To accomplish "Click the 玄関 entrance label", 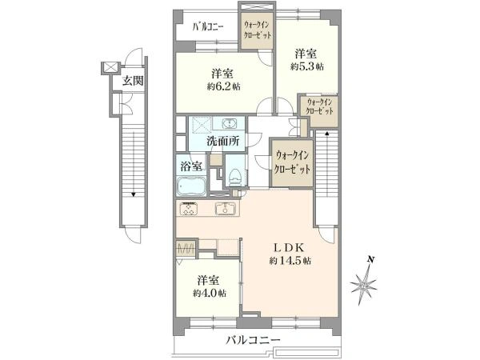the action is tap(133, 81).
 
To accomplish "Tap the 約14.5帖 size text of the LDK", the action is tap(290, 261).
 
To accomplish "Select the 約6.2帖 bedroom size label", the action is tap(223, 86).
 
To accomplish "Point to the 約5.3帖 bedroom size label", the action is tap(306, 66).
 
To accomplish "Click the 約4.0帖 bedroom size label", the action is tap(210, 294).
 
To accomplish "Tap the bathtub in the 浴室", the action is tap(191, 186).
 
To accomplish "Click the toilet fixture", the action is tap(235, 178).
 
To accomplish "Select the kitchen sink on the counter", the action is tap(226, 209).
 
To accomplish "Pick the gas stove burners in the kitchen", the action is tap(189, 209).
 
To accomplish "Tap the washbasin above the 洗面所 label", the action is tap(229, 124).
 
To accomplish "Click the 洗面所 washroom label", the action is tap(223, 141).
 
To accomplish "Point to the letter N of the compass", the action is tap(371, 259).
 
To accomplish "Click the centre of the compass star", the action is tap(364, 286).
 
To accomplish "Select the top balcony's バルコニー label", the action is tap(208, 27).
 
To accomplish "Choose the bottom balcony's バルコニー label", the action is tap(253, 340).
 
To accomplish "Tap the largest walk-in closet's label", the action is tap(292, 162).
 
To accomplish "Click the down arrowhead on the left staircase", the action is tap(133, 194).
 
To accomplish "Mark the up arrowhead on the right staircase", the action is tap(327, 133).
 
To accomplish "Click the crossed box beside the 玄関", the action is tap(110, 67).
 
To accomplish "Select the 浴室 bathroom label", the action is tap(191, 167).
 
